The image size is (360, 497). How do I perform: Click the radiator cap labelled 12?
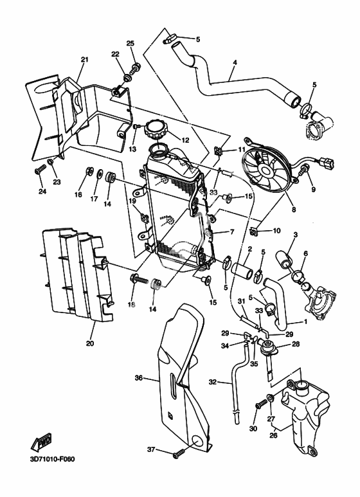(x=154, y=131)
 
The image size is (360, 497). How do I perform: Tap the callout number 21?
(x=85, y=59)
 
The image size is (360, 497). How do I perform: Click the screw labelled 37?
(x=178, y=454)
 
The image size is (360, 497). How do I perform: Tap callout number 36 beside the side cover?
(x=139, y=378)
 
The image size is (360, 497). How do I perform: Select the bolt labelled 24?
(x=40, y=170)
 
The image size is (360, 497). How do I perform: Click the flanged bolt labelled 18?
(x=139, y=279)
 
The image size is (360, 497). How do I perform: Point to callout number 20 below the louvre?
(x=90, y=343)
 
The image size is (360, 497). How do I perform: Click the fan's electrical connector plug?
(x=327, y=162)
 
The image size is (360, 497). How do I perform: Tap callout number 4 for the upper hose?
(x=235, y=62)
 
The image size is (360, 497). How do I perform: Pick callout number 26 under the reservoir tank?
(x=273, y=435)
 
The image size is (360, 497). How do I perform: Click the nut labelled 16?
(x=89, y=172)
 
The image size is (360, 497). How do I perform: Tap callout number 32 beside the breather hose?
(x=213, y=382)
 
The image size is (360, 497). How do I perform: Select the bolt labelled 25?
(x=136, y=68)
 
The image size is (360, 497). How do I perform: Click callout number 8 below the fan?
(x=294, y=209)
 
